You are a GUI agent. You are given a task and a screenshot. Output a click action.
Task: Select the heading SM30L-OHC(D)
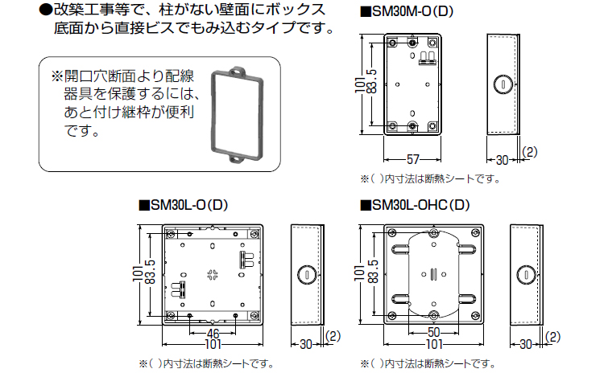click(x=418, y=205)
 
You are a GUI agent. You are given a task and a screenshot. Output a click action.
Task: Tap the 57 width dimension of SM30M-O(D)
click(x=412, y=158)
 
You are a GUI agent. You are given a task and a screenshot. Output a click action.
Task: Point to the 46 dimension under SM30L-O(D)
click(x=213, y=332)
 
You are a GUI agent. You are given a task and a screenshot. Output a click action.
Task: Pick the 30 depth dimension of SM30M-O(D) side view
click(x=501, y=159)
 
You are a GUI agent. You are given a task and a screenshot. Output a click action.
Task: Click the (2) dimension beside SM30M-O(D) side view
click(x=530, y=150)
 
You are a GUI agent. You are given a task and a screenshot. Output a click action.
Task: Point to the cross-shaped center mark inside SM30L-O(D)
click(x=213, y=273)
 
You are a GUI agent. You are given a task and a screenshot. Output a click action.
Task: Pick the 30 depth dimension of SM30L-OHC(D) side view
click(x=526, y=344)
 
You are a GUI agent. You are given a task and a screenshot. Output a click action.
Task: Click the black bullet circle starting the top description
click(x=45, y=10)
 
